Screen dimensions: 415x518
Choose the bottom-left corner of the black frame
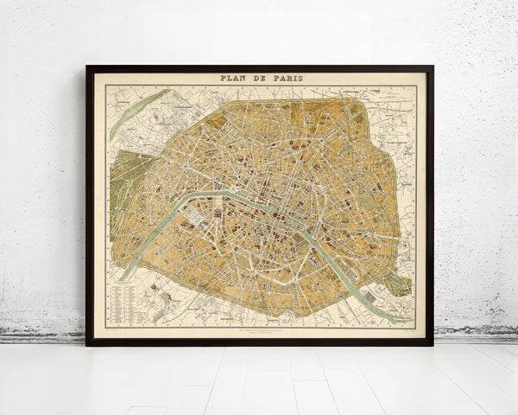[x=88, y=343]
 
